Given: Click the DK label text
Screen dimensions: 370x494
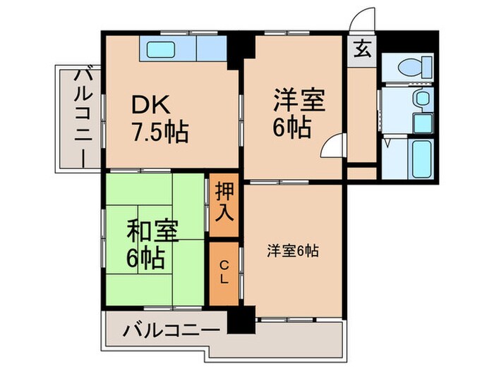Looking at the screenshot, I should pos(150,105).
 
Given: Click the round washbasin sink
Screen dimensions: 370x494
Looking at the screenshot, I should pos(422,97).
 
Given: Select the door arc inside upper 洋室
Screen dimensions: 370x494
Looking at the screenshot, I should pos(331,146).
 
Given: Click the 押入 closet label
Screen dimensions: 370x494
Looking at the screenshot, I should pos(224,202).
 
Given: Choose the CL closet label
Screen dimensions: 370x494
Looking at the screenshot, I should pos(224,272).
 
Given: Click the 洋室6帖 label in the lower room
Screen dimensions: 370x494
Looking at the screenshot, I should pos(292,250).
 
